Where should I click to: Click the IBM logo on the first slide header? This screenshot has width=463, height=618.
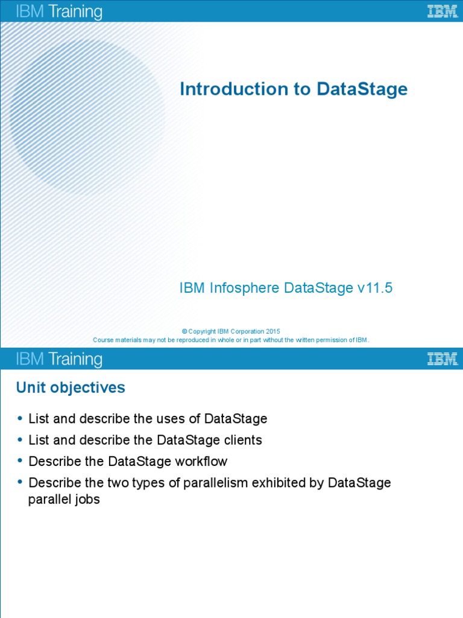(442, 11)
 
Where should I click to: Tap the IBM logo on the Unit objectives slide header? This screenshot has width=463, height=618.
(442, 359)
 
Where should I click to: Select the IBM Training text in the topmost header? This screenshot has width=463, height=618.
(59, 11)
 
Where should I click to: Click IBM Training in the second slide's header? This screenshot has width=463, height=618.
(59, 360)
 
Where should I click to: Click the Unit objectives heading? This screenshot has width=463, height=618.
(71, 388)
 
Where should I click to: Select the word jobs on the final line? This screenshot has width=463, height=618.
(87, 500)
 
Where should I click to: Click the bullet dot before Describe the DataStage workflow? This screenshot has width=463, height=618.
(20, 461)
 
